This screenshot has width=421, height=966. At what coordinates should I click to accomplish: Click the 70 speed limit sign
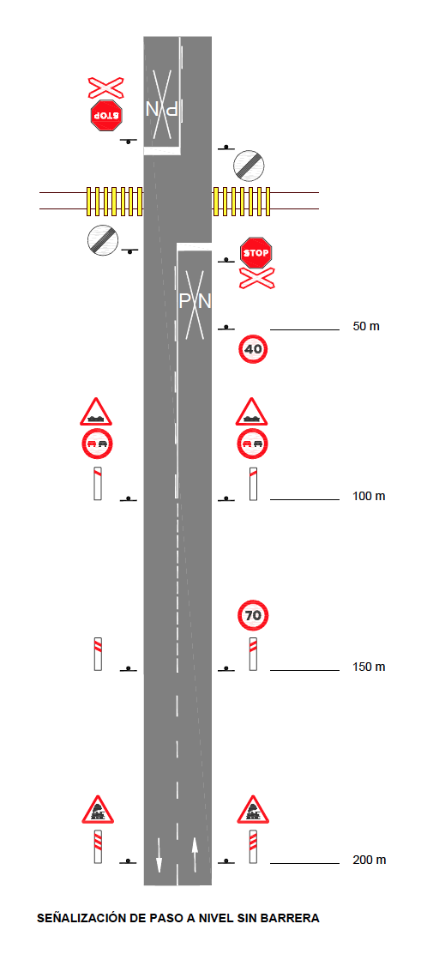pos(253,615)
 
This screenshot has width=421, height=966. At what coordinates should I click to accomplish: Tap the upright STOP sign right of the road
pos(256,253)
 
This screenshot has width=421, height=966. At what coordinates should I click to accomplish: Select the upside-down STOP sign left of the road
pos(106,115)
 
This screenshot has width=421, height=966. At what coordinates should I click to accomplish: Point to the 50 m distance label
pos(366,326)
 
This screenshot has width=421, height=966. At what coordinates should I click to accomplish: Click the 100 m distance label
pos(369,496)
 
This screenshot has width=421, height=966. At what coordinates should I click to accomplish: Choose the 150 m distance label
pos(369,667)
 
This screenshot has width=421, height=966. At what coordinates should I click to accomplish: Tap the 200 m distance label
pos(370,860)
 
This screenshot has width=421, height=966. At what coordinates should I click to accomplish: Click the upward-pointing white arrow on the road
pos(195,854)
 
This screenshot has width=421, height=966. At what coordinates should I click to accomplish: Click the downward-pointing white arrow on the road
pos(159,855)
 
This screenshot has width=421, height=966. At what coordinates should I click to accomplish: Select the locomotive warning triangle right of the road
pos(253,811)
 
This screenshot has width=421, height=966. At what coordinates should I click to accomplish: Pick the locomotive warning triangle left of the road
pos(98,811)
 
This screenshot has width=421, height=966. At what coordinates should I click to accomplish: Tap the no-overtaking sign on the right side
pos(253,444)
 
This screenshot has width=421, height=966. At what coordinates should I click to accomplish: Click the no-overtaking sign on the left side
pos(97,444)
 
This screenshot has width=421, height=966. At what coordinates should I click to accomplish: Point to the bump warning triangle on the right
pos(252,412)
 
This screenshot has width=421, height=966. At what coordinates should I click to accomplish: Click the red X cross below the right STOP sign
pos(256,279)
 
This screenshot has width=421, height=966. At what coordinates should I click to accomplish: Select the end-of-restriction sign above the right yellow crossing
pos(249,165)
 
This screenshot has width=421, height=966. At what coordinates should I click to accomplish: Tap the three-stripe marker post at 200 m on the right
pos(253,847)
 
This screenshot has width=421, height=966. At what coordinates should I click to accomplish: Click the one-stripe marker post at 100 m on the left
pos(98,484)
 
